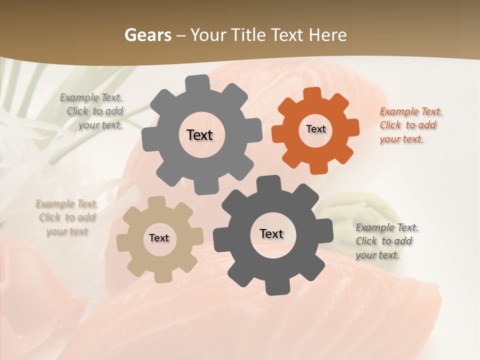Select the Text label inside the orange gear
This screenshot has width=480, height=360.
pos(315,129)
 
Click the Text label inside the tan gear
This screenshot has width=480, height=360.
pos(159,238)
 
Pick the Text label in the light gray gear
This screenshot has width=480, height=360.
pos(199,135)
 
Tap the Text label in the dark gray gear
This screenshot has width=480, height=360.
pos(271,233)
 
